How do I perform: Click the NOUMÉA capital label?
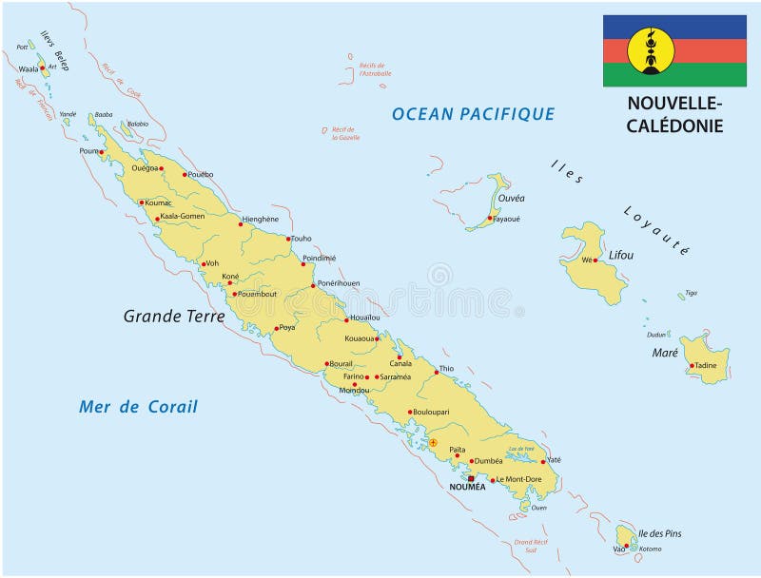tap(467, 487)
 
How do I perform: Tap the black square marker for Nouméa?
tap(470, 477)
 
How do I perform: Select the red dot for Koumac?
tap(142, 202)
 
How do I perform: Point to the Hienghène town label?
tap(261, 219)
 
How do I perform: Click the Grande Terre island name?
tap(174, 316)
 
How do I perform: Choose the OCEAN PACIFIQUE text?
tap(473, 114)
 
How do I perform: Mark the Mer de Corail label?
tap(138, 407)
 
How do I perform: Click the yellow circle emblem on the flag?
tap(652, 50)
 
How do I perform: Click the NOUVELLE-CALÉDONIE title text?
tap(674, 114)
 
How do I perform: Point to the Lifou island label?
tap(620, 255)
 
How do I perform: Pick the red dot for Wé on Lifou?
tap(595, 260)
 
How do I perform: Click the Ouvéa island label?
tap(511, 199)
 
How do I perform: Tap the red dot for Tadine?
tap(692, 366)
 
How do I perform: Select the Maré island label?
tap(665, 353)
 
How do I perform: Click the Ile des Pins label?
tap(660, 533)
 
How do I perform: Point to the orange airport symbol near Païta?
tap(433, 442)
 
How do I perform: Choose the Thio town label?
tap(446, 369)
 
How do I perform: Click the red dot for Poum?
tap(101, 151)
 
